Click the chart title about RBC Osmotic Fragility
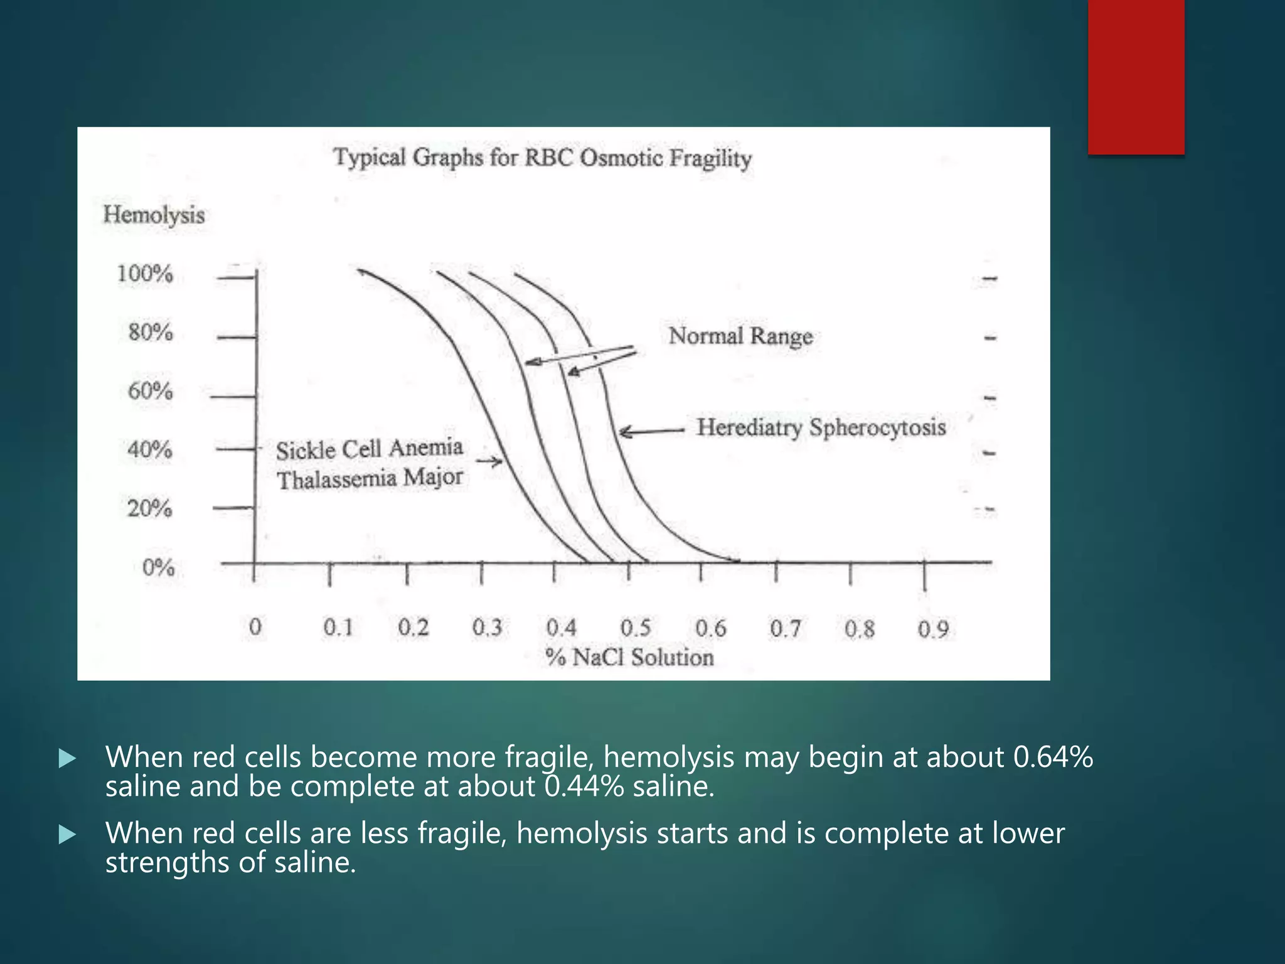click(x=542, y=158)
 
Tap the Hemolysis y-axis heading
click(x=154, y=215)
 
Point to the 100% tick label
click(x=145, y=274)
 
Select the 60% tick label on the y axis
click(x=150, y=391)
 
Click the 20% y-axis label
click(x=149, y=508)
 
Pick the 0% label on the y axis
click(x=158, y=567)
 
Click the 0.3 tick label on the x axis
click(x=487, y=627)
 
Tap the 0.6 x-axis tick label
click(x=710, y=628)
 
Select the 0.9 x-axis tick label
click(x=933, y=629)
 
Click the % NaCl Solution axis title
click(x=629, y=657)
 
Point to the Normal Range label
click(x=740, y=336)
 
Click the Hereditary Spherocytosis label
click(x=821, y=427)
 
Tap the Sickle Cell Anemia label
click(x=369, y=449)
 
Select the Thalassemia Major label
click(x=370, y=479)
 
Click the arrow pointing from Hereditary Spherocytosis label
click(x=651, y=431)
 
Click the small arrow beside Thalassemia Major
click(x=489, y=462)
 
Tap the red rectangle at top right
click(x=1136, y=77)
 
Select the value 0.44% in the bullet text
click(x=584, y=786)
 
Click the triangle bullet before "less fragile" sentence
click(x=67, y=834)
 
